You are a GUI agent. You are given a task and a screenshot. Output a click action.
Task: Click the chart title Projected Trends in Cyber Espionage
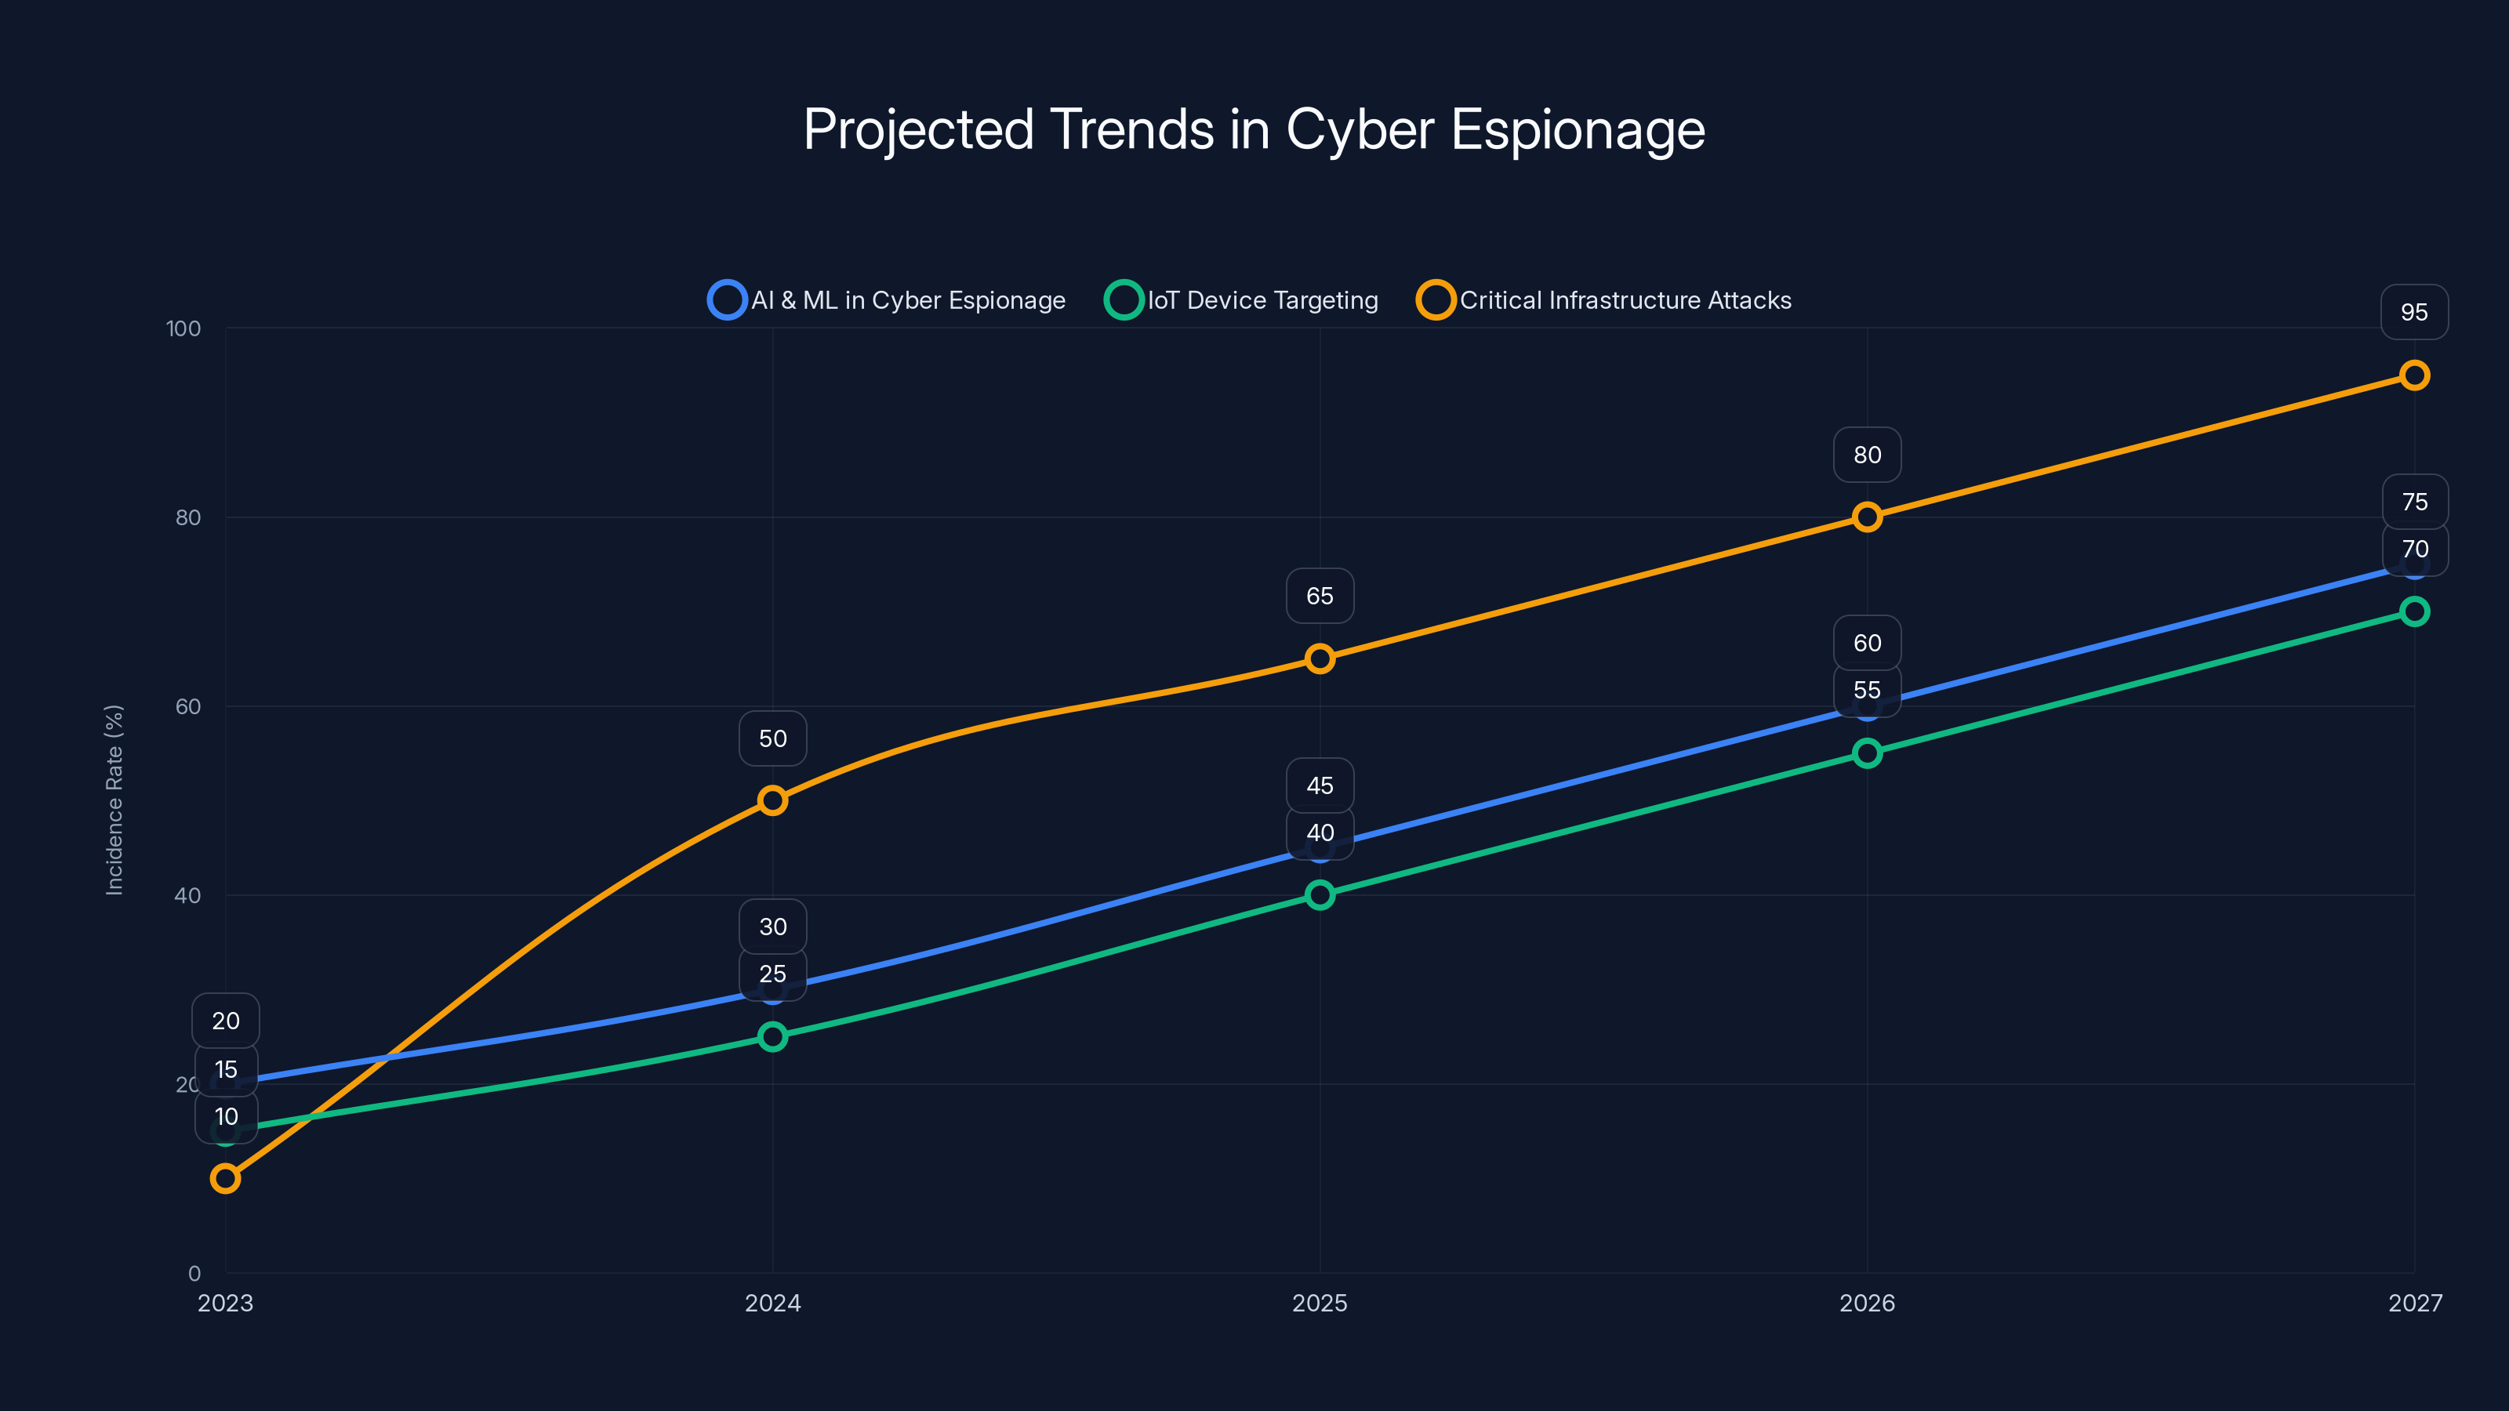tap(1254, 129)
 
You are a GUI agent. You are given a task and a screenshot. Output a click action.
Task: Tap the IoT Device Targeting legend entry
tap(1242, 300)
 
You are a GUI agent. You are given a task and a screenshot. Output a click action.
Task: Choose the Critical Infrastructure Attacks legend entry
tap(1604, 300)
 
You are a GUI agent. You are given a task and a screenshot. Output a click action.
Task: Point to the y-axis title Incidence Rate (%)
tap(114, 800)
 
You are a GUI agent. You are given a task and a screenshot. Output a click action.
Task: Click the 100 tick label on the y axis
tap(183, 328)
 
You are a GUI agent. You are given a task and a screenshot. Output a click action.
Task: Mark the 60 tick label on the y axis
tap(187, 706)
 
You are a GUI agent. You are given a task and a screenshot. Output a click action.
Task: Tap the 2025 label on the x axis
tap(1319, 1303)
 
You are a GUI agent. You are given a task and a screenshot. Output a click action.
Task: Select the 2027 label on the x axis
tap(2415, 1303)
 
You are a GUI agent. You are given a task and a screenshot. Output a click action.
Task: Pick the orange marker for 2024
tap(772, 800)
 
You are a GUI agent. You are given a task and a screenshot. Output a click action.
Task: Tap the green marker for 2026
tap(1866, 753)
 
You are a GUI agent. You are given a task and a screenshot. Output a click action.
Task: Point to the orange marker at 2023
tap(225, 1178)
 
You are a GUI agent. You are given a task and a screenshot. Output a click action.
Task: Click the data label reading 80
tap(1866, 455)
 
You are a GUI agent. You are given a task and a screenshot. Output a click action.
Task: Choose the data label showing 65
tap(1319, 596)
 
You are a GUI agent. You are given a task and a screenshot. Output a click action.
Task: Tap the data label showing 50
tap(772, 738)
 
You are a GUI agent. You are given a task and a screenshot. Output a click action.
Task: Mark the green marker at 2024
tap(772, 1036)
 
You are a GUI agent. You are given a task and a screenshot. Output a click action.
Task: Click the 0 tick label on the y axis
tap(194, 1273)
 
